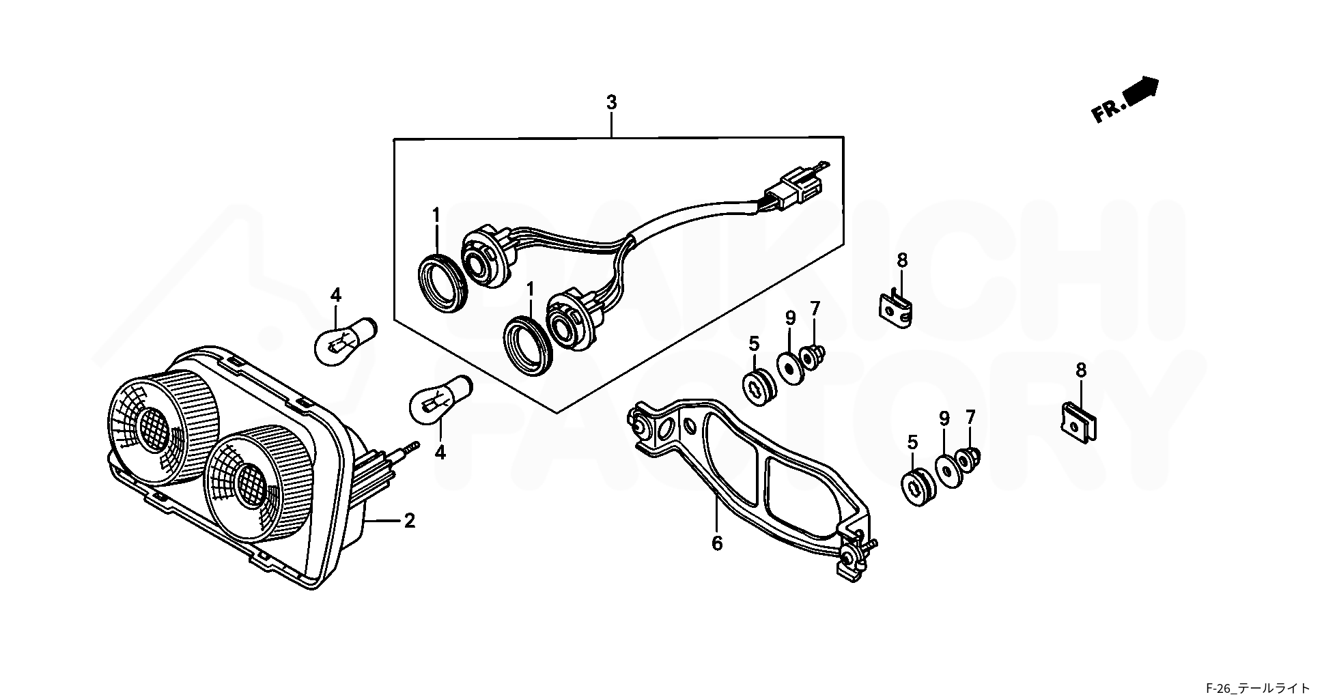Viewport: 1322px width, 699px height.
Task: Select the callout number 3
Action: (611, 103)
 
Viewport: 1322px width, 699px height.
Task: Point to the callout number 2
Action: (409, 522)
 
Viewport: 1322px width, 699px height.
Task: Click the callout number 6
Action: (717, 544)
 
